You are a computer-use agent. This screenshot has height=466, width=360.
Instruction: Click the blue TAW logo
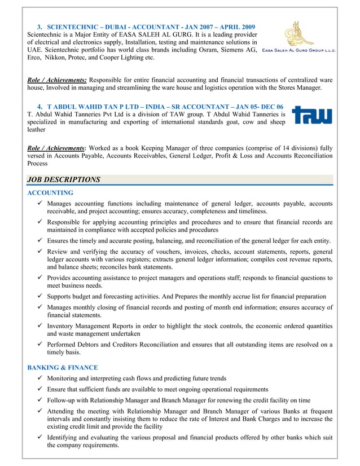click(311, 115)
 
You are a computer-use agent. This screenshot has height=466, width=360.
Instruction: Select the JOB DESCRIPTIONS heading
click(63, 180)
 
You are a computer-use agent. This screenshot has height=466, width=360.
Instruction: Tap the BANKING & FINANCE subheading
click(63, 367)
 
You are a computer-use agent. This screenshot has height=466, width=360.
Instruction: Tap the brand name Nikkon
click(59, 58)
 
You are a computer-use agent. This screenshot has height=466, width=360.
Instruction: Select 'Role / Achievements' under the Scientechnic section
click(56, 80)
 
